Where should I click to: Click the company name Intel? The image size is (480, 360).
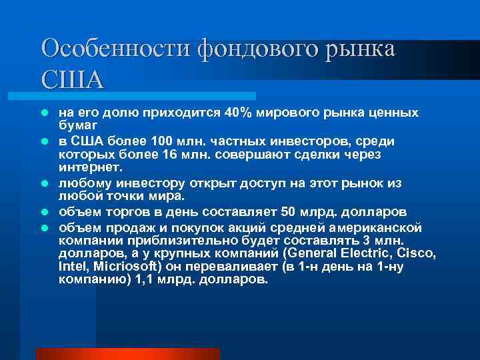click(72, 267)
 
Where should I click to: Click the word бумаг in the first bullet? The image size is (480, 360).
click(77, 125)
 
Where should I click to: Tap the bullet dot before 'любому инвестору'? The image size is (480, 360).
click(45, 183)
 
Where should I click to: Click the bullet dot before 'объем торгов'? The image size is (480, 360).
click(45, 212)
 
